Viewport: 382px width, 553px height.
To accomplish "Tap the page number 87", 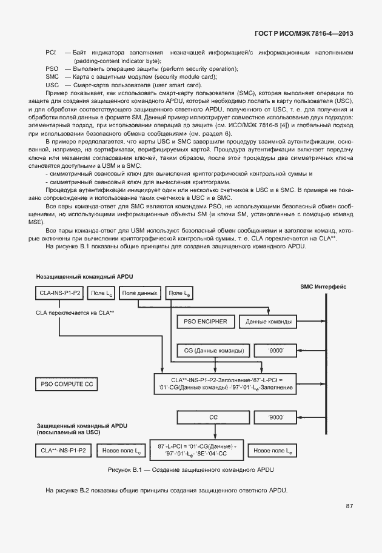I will pyautogui.click(x=349, y=506).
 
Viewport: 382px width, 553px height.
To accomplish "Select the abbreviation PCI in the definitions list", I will pyautogui.click(x=51, y=54).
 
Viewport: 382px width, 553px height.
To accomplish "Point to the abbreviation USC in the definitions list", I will pyautogui.click(x=52, y=85).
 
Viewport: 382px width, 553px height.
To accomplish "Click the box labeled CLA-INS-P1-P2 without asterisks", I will pyautogui.click(x=59, y=293).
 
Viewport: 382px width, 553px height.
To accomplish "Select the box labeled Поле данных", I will pyautogui.click(x=139, y=293).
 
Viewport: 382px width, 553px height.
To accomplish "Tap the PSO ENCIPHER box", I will pyautogui.click(x=203, y=321).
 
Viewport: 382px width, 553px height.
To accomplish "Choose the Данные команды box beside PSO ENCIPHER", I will pyautogui.click(x=269, y=321).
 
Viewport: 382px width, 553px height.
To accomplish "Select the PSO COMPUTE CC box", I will pyautogui.click(x=67, y=384).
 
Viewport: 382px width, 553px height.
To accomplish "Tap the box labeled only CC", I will pyautogui.click(x=213, y=417).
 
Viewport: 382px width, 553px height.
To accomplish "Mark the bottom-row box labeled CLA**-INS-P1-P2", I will pyautogui.click(x=63, y=451).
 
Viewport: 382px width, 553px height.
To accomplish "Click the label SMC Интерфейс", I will pyautogui.click(x=323, y=286).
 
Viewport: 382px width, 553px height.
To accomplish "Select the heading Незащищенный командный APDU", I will pyautogui.click(x=84, y=276).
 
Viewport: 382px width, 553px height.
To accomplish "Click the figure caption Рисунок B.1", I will pyautogui.click(x=190, y=470).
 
